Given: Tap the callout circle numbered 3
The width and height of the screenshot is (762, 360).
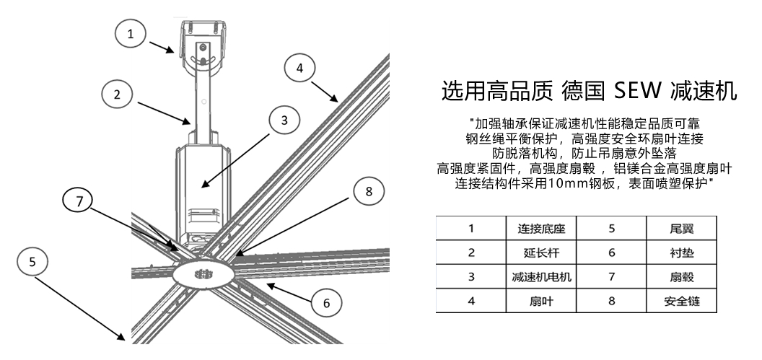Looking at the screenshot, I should (285, 120).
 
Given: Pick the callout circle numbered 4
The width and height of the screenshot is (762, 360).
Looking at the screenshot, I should (300, 68).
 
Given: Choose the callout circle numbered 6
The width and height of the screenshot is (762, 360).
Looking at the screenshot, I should (326, 304).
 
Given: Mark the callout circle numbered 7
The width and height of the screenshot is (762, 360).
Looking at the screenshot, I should (79, 201).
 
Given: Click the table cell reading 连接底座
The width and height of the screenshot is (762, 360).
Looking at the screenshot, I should (541, 229).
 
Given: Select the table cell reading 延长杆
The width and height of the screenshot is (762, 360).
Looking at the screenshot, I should (541, 253).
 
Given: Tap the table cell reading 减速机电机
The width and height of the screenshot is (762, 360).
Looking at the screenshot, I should (541, 276).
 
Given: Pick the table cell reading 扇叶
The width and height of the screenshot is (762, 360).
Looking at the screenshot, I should (541, 300).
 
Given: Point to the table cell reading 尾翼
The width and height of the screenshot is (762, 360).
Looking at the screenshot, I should (682, 229).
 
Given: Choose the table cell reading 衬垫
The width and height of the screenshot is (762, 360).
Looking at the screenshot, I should (682, 253).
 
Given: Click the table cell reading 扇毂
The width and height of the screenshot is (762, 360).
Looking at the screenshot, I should (682, 276).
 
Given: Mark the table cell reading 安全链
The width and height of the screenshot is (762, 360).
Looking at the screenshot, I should (682, 300).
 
